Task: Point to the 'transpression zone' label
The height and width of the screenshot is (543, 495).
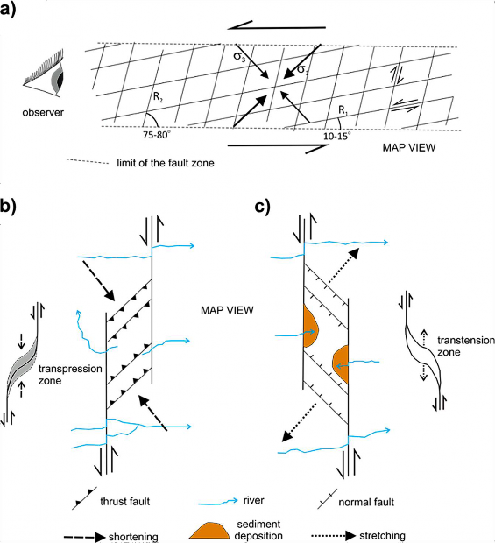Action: tap(74, 349)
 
